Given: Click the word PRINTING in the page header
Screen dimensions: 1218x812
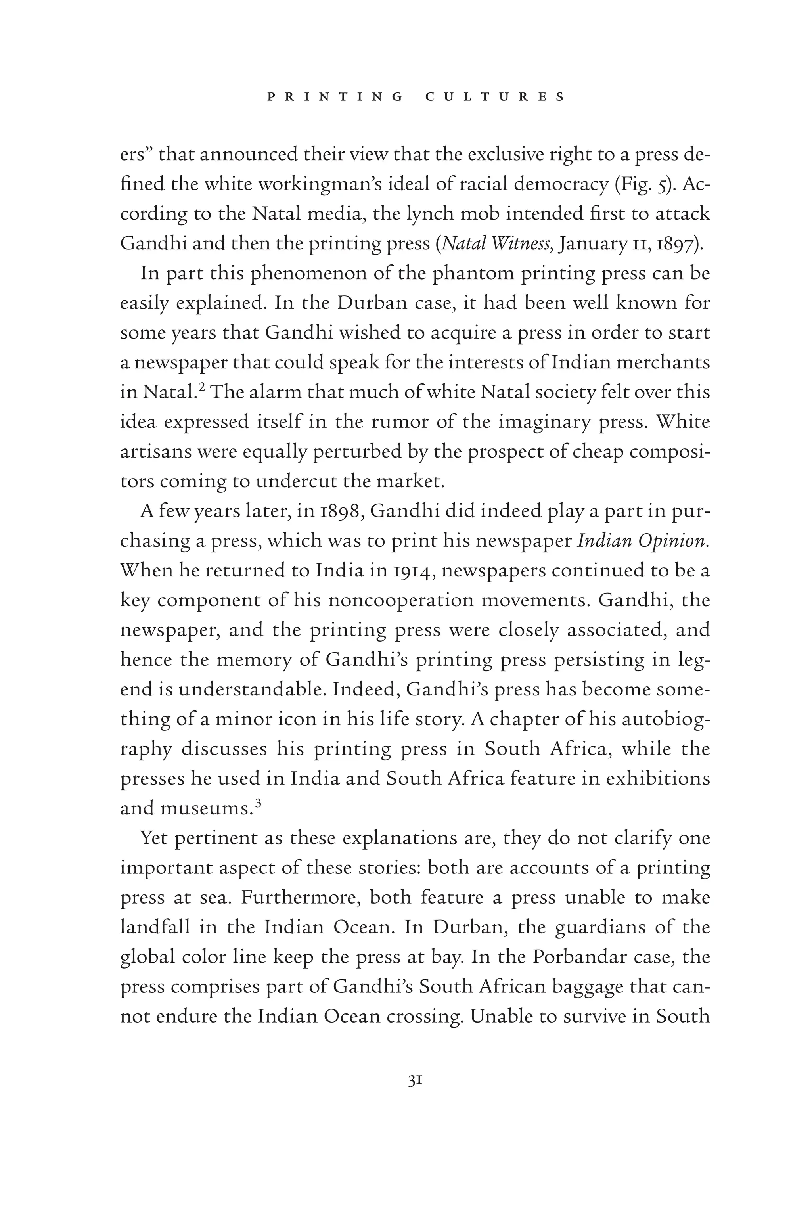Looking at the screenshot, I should click(335, 97).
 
